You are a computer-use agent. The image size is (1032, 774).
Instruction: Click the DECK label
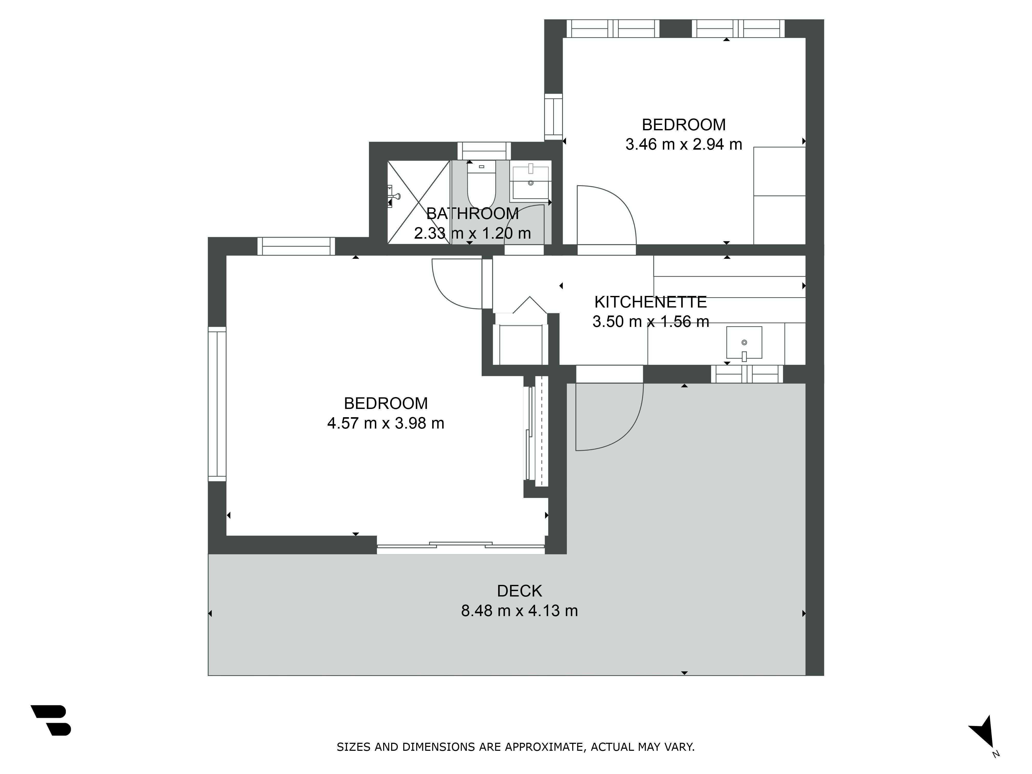[x=519, y=591]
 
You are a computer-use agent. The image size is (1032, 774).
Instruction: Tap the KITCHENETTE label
[x=650, y=302]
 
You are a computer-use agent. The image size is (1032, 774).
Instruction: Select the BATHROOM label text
[x=472, y=214]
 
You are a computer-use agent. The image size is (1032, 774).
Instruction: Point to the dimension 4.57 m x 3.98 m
[x=385, y=423]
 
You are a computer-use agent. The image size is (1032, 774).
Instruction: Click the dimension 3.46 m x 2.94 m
[x=683, y=145]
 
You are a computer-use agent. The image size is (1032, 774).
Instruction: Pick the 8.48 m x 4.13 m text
[x=519, y=611]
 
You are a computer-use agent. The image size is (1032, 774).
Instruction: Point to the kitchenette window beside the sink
[x=747, y=374]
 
